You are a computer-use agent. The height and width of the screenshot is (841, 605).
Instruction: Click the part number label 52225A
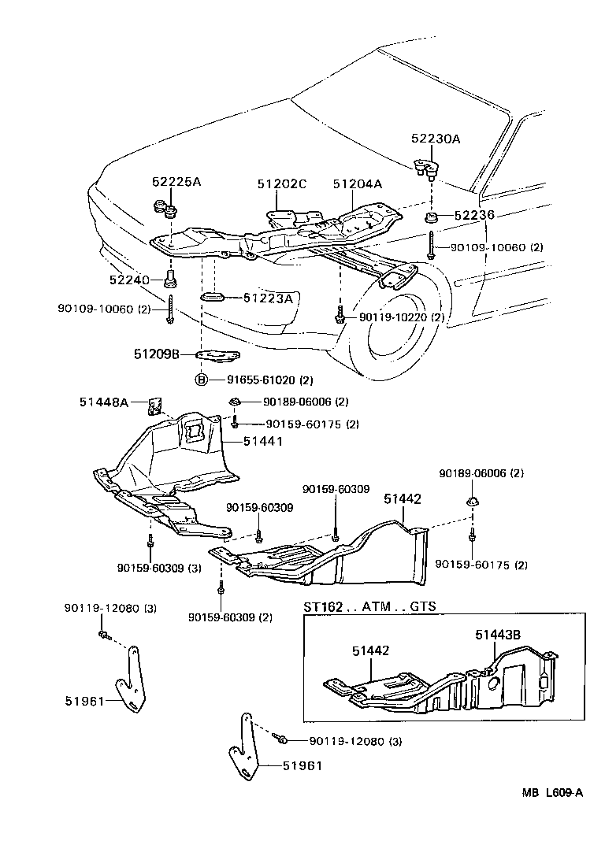(x=176, y=182)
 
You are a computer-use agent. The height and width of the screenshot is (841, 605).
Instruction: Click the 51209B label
(x=157, y=355)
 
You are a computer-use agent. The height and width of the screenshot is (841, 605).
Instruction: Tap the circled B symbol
(x=202, y=380)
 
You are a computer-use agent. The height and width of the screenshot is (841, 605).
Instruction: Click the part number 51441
(x=262, y=442)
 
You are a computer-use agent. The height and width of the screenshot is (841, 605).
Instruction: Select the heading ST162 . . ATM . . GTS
(x=369, y=607)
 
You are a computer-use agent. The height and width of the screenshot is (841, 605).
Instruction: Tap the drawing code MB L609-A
(x=551, y=793)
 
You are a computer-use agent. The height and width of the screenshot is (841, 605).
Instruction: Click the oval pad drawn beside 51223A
(x=213, y=297)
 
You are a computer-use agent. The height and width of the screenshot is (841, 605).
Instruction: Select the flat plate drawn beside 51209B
(x=217, y=356)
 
